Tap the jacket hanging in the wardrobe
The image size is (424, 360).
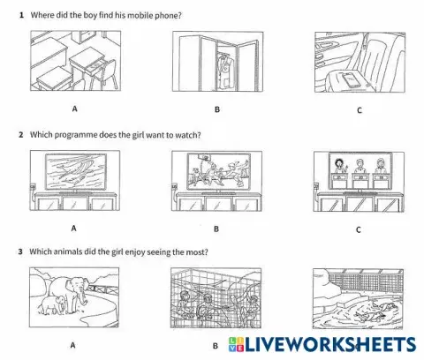(x=202, y=67)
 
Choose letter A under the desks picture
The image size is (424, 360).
(x=72, y=109)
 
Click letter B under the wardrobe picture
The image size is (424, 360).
(x=216, y=110)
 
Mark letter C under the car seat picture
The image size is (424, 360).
(x=358, y=110)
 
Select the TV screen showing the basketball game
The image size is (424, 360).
(x=217, y=171)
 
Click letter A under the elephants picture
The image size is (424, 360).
(x=72, y=346)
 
